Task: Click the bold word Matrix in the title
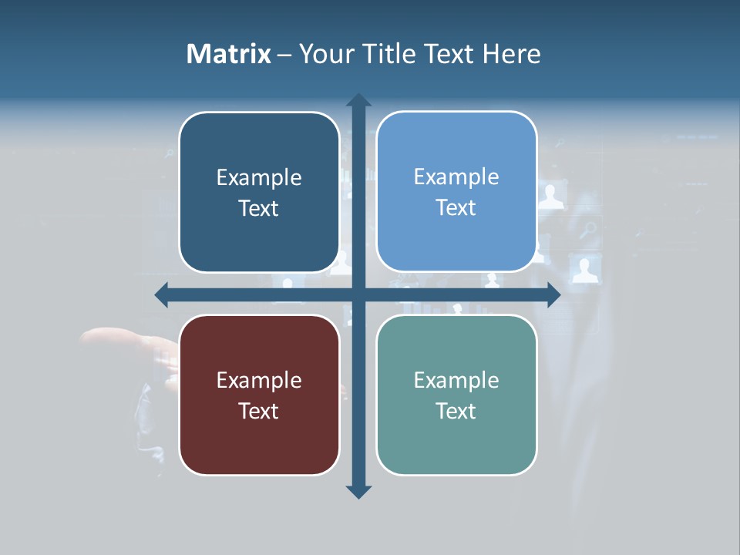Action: click(229, 54)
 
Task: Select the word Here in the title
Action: click(512, 54)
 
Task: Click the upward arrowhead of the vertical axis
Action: click(358, 100)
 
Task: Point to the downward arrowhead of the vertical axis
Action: click(358, 491)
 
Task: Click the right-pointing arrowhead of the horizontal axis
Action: click(553, 295)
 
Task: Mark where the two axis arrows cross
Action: click(358, 295)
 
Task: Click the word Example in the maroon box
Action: click(259, 380)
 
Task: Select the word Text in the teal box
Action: click(456, 411)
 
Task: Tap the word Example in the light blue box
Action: click(456, 177)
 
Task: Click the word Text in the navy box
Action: click(259, 208)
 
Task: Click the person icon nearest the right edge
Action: click(585, 270)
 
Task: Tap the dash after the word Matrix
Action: click(284, 55)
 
